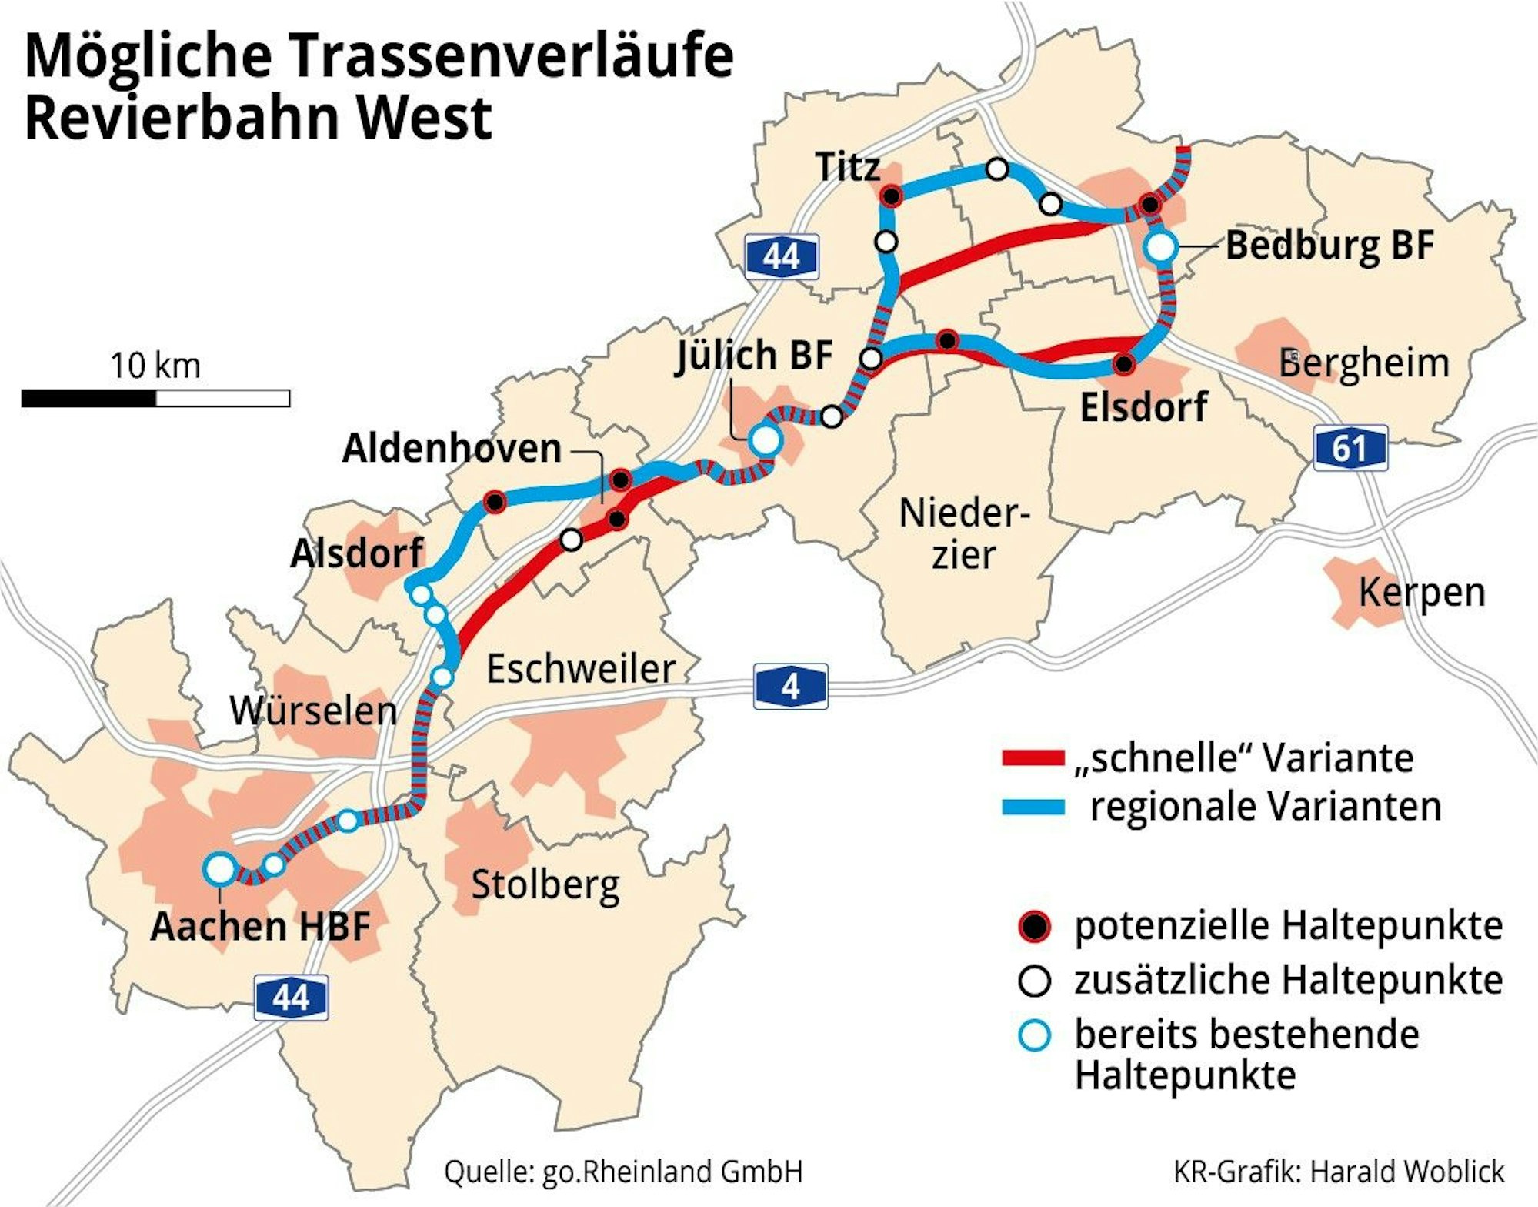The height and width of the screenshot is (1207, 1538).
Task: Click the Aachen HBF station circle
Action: tap(220, 868)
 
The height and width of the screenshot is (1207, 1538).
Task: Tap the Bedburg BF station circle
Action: tap(1160, 248)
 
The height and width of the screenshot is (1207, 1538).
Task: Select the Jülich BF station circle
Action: tap(766, 440)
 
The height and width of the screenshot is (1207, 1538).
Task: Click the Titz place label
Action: tap(847, 167)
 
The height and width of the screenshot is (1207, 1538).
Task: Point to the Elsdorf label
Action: tap(1143, 407)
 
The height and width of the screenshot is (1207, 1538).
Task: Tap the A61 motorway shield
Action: tap(1350, 448)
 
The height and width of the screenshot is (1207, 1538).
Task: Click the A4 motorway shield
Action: tap(790, 686)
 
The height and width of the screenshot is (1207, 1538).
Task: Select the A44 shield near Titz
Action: tap(781, 256)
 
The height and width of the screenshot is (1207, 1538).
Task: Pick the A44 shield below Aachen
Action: tap(291, 998)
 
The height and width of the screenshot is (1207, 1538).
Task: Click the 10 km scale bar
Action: tap(155, 398)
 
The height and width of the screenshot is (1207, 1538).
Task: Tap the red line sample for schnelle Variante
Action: tap(1033, 758)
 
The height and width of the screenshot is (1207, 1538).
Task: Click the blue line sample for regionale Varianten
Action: tap(1033, 807)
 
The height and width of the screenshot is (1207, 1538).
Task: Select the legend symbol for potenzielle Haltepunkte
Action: tap(1034, 926)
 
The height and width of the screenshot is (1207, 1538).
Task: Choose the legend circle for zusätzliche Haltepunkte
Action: tap(1034, 981)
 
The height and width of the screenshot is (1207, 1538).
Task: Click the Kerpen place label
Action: tap(1421, 593)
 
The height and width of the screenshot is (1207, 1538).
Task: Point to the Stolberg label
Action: tap(545, 885)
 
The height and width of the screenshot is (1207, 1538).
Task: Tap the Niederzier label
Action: tap(963, 533)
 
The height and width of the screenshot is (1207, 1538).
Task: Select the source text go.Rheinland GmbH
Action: tap(672, 1172)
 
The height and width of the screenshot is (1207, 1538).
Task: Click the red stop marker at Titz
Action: tap(891, 196)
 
